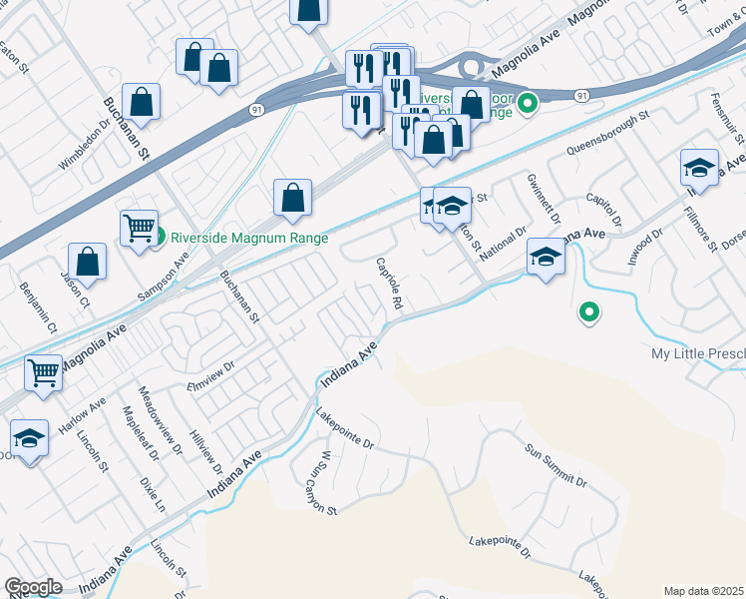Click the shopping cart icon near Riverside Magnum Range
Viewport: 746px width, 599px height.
click(140, 228)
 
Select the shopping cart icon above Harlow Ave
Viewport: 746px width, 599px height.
click(44, 373)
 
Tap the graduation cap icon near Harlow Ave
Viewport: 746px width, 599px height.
click(30, 438)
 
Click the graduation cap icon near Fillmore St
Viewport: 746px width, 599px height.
click(700, 168)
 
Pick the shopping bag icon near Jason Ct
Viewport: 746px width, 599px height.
click(89, 263)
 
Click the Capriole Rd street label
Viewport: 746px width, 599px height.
click(389, 283)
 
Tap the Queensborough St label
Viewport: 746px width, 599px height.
click(607, 133)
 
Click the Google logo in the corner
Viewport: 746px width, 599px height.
click(33, 588)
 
